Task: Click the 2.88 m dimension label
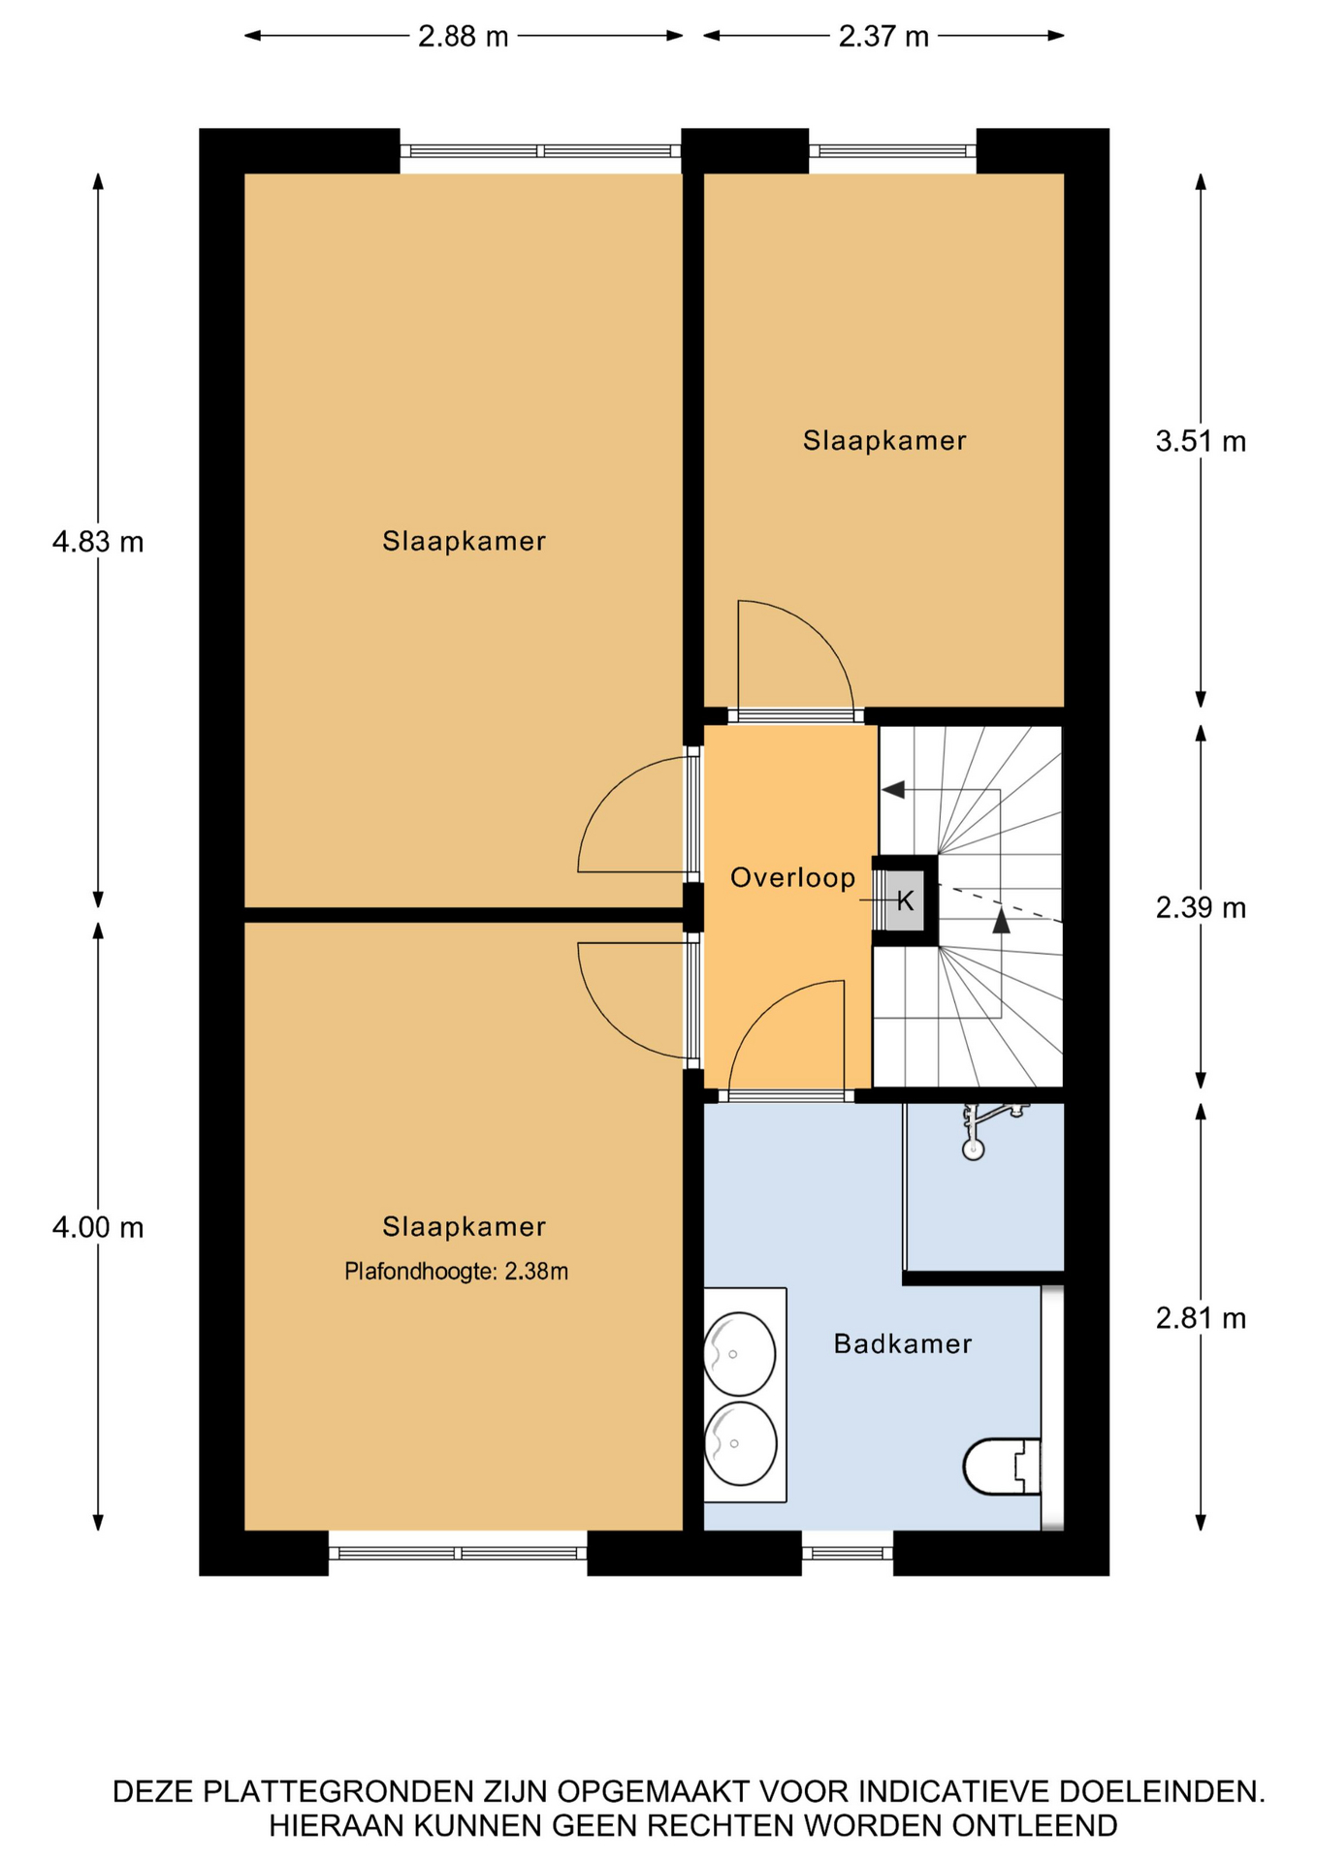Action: tap(463, 37)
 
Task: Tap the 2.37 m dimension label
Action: tap(883, 37)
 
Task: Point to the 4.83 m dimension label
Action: tap(98, 542)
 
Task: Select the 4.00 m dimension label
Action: tap(98, 1228)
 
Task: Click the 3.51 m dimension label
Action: tap(1201, 442)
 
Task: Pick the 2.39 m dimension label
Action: tap(1201, 908)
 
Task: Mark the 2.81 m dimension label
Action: tap(1201, 1318)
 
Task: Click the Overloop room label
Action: tap(793, 878)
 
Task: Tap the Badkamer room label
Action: tap(903, 1344)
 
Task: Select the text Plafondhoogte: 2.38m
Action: tap(456, 1272)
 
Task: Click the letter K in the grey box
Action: tap(905, 901)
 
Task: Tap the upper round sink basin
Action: tap(740, 1354)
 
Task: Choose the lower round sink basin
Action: tap(740, 1443)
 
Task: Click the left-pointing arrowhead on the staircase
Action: tap(893, 790)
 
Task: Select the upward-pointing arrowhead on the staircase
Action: tap(1001, 920)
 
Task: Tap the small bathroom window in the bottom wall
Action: tap(847, 1553)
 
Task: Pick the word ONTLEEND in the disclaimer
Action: tap(1035, 1826)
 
